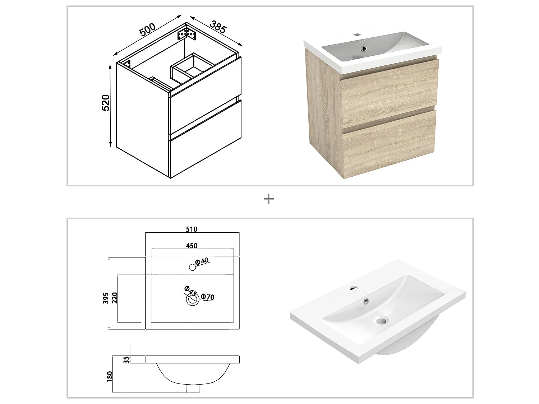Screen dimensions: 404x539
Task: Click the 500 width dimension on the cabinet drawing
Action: (148, 29)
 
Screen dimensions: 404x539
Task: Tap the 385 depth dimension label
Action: (218, 27)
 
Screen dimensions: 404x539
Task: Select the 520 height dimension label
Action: (106, 103)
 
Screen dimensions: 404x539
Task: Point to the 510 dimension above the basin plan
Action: (192, 229)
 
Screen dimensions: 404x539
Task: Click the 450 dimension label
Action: (192, 246)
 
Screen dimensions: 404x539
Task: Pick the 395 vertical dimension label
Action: (106, 298)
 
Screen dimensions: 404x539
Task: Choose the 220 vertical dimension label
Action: (115, 298)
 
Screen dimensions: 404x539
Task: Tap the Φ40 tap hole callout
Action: (202, 261)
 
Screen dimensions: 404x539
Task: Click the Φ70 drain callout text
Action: (208, 297)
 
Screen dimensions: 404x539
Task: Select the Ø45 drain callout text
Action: (190, 291)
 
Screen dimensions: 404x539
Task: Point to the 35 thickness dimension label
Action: (126, 359)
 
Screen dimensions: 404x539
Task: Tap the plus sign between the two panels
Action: (269, 199)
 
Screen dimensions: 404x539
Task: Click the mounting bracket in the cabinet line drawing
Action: (187, 33)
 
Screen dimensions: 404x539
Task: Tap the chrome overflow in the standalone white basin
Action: (367, 301)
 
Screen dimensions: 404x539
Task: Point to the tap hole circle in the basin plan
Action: (193, 267)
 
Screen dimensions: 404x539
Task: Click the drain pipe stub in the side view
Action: (193, 389)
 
